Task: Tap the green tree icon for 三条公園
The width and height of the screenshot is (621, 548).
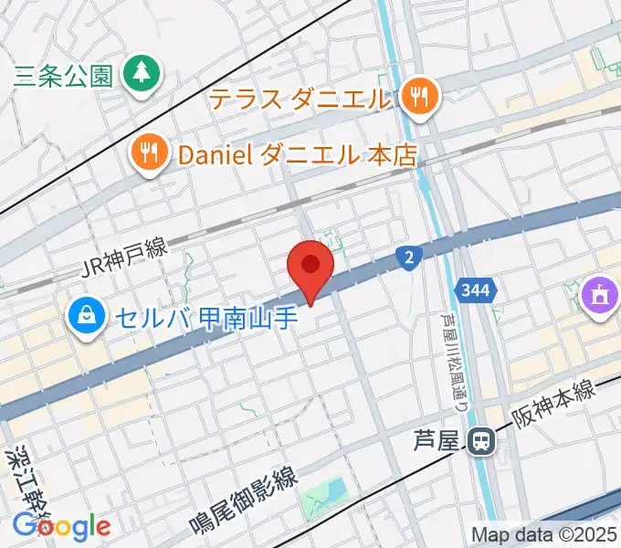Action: tap(142, 72)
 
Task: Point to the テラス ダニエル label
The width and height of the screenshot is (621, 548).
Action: tap(300, 98)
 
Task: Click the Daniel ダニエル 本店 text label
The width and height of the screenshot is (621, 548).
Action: tap(297, 154)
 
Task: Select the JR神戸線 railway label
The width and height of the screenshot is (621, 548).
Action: tap(124, 261)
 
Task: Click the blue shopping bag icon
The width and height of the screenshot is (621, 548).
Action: tap(85, 316)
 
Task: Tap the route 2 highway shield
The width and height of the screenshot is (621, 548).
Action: tap(408, 258)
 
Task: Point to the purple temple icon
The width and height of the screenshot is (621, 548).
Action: tap(598, 297)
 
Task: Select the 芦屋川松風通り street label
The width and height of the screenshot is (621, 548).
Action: tap(447, 346)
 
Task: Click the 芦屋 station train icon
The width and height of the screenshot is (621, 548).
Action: tap(480, 442)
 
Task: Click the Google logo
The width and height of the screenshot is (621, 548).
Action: tap(61, 526)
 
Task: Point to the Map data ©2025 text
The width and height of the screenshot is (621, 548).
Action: tap(544, 534)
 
